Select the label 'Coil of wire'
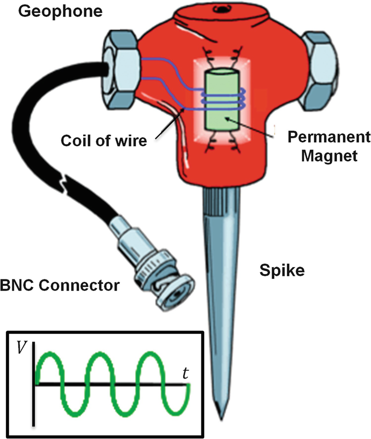[104, 140]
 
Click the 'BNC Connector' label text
[60, 285]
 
